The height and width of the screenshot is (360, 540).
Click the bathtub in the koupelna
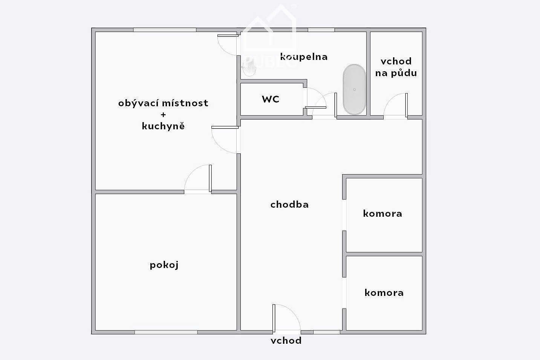354,89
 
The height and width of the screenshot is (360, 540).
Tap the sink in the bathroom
249,68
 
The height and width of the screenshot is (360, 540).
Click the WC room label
271,99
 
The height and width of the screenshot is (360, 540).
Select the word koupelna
304,57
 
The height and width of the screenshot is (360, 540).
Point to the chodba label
289,204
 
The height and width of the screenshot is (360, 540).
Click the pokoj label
164,265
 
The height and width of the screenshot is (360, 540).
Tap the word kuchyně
163,126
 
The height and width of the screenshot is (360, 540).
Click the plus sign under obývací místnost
164,115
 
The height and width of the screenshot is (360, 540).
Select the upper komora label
382,214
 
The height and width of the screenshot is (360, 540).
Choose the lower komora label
384,293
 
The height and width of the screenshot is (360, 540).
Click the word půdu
404,73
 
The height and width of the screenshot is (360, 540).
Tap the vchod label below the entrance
286,340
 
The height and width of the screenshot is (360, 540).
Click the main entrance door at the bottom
287,318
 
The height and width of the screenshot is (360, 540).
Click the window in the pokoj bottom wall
166,332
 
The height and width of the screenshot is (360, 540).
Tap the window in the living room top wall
165,30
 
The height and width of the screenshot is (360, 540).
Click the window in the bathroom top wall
321,30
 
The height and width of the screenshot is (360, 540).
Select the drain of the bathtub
354,89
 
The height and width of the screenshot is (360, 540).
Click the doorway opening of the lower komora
344,293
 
